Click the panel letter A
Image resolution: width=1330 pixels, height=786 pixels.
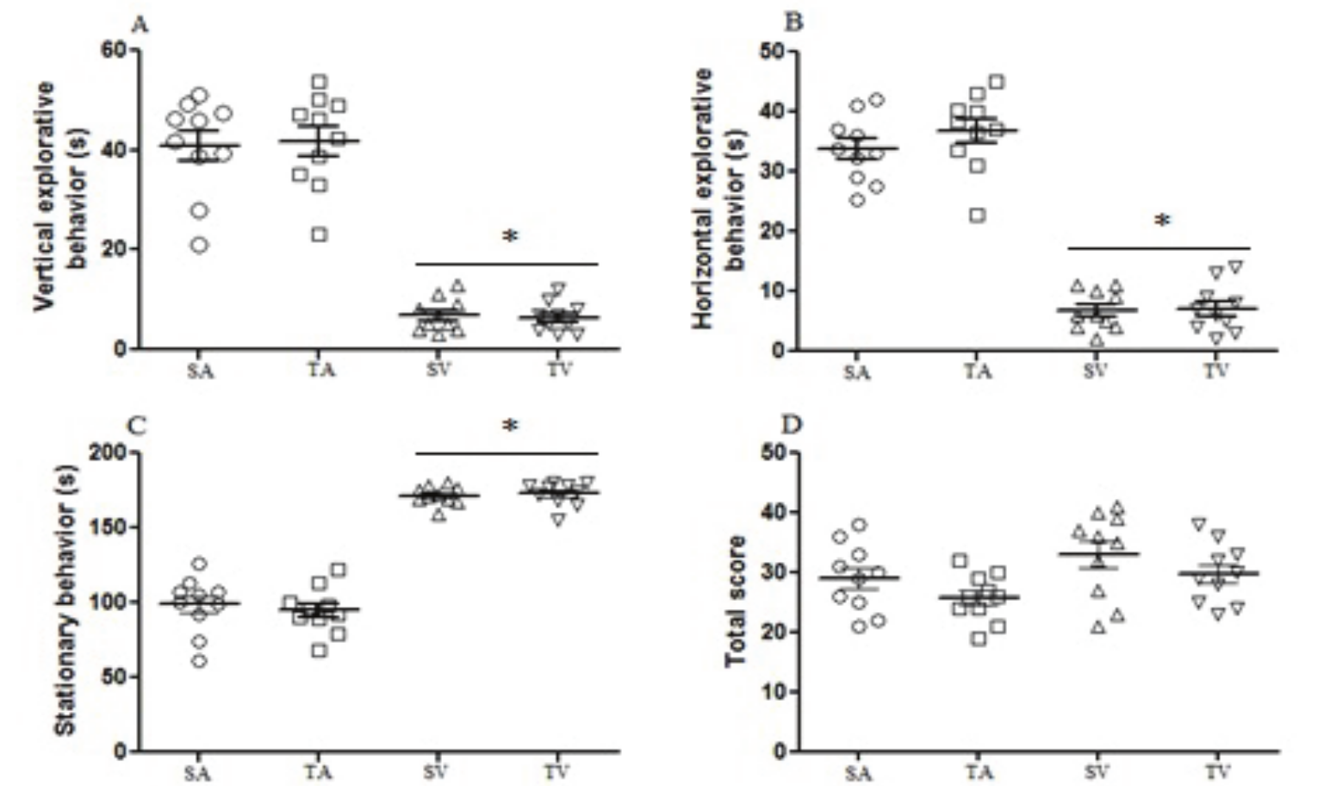(x=140, y=24)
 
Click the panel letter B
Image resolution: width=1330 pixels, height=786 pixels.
(x=793, y=22)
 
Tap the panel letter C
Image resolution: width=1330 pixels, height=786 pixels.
(x=138, y=426)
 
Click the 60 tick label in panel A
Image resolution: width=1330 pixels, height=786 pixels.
(x=115, y=50)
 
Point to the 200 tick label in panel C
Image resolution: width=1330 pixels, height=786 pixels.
(x=108, y=452)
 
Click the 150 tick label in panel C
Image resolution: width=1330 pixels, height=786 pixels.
(x=108, y=527)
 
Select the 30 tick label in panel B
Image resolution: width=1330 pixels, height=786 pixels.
(x=774, y=171)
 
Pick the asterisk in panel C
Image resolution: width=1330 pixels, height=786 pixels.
(x=510, y=426)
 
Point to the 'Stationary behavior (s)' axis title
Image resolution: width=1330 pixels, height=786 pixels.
(x=66, y=601)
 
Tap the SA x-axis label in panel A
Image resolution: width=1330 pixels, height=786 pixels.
(x=200, y=371)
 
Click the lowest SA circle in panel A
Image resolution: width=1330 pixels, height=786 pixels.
(x=199, y=246)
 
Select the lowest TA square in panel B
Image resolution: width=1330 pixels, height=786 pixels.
(x=977, y=215)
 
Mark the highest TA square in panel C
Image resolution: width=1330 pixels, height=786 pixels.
(x=338, y=570)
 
